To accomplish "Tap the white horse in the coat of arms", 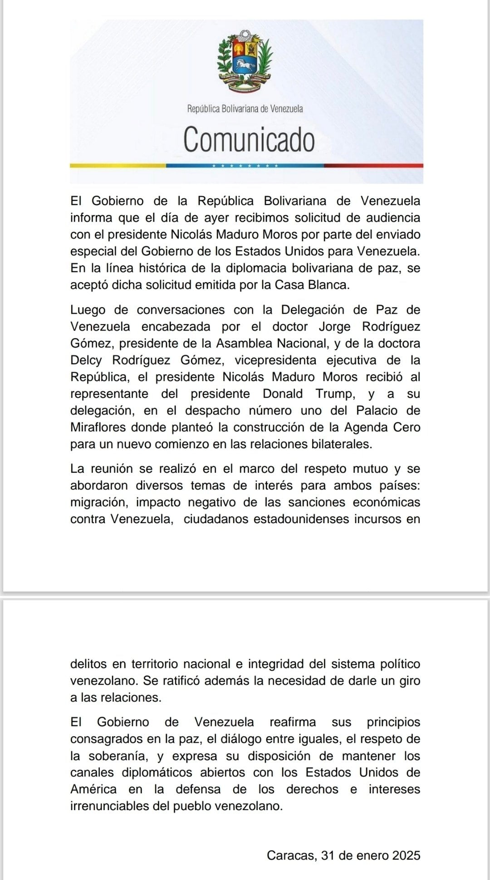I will coord(245,66).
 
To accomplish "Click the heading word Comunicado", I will coord(249,139).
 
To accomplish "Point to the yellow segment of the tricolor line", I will coord(118,166).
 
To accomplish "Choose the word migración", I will coord(98,502).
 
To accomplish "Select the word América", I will coord(93,789).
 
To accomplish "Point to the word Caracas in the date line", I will coord(291,855).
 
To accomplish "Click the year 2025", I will coord(406,855).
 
